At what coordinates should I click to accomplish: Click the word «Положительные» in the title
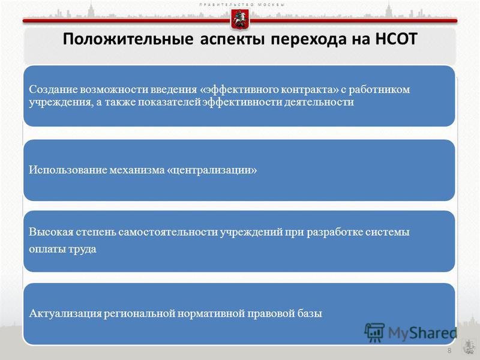tap(128, 40)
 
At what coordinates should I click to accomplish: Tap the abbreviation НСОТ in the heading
tap(396, 39)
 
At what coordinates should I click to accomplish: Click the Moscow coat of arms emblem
tap(239, 20)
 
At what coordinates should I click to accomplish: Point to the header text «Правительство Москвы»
tap(242, 5)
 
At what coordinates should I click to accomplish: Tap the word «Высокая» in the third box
tap(51, 232)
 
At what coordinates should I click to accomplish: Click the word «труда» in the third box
tap(82, 249)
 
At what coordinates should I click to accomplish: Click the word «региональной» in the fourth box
tap(139, 314)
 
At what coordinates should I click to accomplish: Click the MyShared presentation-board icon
tap(374, 333)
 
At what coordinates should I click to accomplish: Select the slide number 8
tap(449, 350)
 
